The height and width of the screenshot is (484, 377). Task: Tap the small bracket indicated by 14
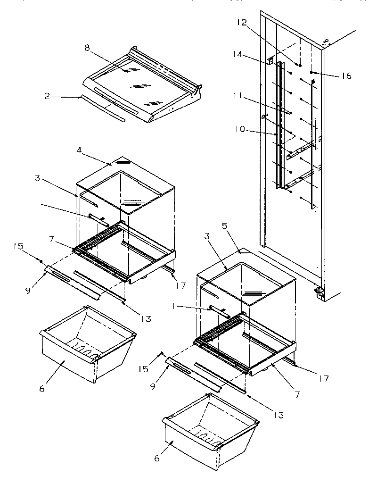click(x=271, y=61)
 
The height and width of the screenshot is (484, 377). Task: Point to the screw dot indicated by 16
click(x=313, y=72)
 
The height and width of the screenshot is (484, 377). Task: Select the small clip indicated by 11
click(x=285, y=112)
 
